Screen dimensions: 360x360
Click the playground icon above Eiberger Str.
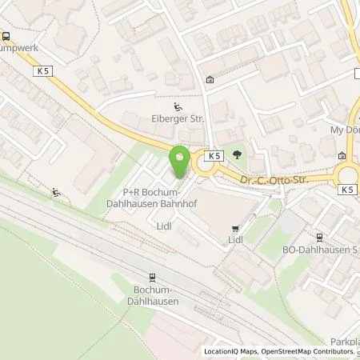point(178,107)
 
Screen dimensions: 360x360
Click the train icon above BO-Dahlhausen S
point(319,236)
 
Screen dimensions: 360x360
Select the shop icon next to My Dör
point(342,156)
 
